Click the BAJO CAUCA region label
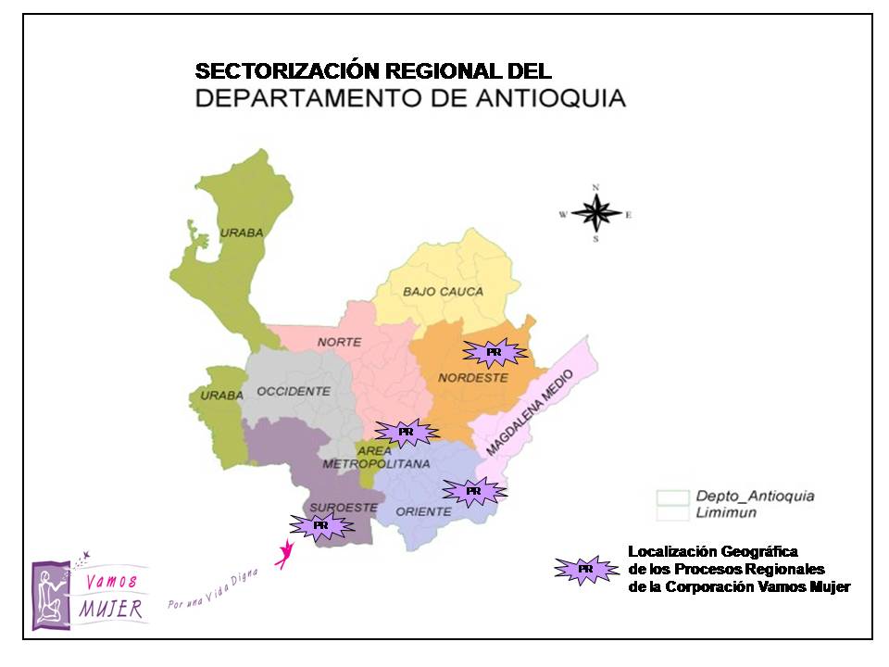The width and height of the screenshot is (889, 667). tap(443, 292)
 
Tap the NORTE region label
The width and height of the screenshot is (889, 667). tap(339, 342)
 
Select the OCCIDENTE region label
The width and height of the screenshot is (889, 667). tap(294, 391)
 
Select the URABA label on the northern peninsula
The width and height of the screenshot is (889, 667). tap(242, 233)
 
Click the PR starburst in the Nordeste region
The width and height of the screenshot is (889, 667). tap(494, 352)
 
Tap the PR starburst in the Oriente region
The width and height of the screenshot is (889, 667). tap(473, 490)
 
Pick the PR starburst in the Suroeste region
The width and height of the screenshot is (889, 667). tap(320, 525)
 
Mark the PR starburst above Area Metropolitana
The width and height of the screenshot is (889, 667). tap(406, 432)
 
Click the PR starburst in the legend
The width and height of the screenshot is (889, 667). tap(585, 569)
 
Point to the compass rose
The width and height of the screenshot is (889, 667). tap(596, 214)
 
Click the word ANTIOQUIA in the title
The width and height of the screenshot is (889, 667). tap(546, 98)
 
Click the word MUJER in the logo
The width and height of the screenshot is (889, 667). tap(110, 609)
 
